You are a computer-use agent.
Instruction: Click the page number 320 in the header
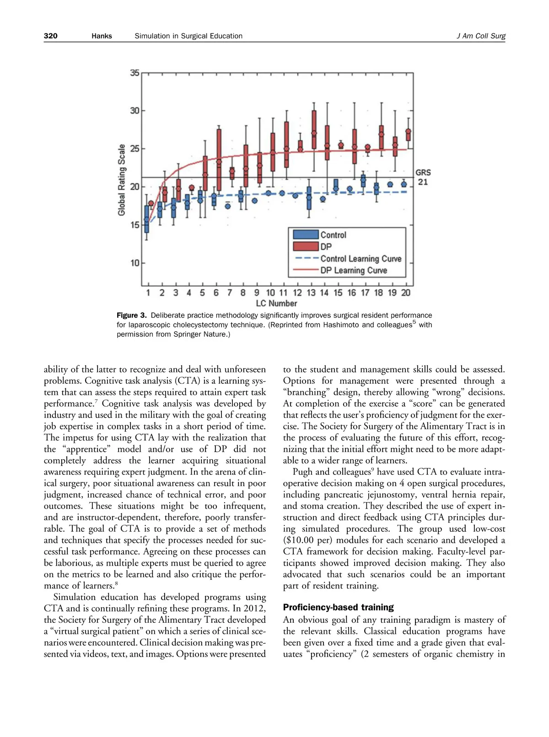point(51,36)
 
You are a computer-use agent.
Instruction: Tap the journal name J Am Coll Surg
point(481,36)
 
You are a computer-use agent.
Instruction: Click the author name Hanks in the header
point(102,36)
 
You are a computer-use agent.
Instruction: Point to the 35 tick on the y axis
point(135,73)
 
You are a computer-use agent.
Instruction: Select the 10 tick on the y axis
point(135,263)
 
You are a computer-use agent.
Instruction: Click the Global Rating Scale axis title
point(122,180)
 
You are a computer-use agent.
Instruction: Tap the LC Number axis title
point(276,303)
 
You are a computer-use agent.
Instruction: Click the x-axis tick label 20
point(406,293)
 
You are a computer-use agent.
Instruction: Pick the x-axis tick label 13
point(311,293)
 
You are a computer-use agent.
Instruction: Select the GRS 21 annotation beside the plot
point(423,177)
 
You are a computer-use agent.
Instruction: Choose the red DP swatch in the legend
point(306,247)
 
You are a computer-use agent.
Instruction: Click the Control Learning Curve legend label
point(361,259)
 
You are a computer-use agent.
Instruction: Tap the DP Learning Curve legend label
point(354,270)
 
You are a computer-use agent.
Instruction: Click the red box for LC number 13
point(314,130)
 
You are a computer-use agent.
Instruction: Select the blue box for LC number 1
point(147,219)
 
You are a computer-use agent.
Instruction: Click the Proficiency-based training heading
point(338,607)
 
